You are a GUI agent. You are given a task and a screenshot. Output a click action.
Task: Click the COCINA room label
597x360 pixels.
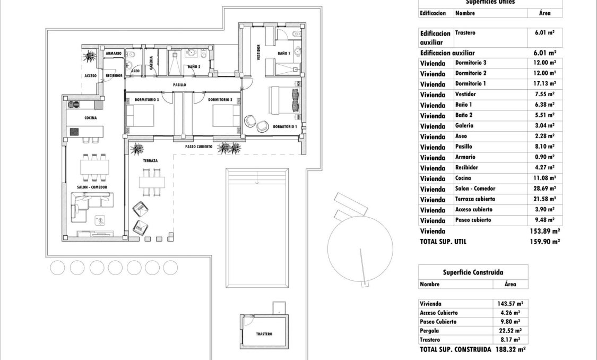[90, 118]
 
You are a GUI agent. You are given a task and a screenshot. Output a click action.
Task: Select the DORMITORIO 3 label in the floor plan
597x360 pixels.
[148, 99]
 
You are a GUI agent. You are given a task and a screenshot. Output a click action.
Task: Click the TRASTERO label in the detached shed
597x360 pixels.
[264, 334]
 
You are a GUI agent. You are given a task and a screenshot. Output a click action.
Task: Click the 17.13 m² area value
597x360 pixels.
[544, 84]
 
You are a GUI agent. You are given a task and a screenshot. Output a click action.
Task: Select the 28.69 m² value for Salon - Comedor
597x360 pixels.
[544, 188]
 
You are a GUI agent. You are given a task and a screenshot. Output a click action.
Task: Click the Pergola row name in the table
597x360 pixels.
[430, 331]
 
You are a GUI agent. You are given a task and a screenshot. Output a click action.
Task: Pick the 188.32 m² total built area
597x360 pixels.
[509, 350]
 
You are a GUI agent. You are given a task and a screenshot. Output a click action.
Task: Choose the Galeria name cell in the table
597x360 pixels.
[464, 126]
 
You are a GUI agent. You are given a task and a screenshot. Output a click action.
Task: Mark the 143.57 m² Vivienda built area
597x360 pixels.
[509, 304]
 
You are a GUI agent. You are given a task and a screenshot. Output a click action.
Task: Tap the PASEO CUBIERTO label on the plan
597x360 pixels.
[199, 146]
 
